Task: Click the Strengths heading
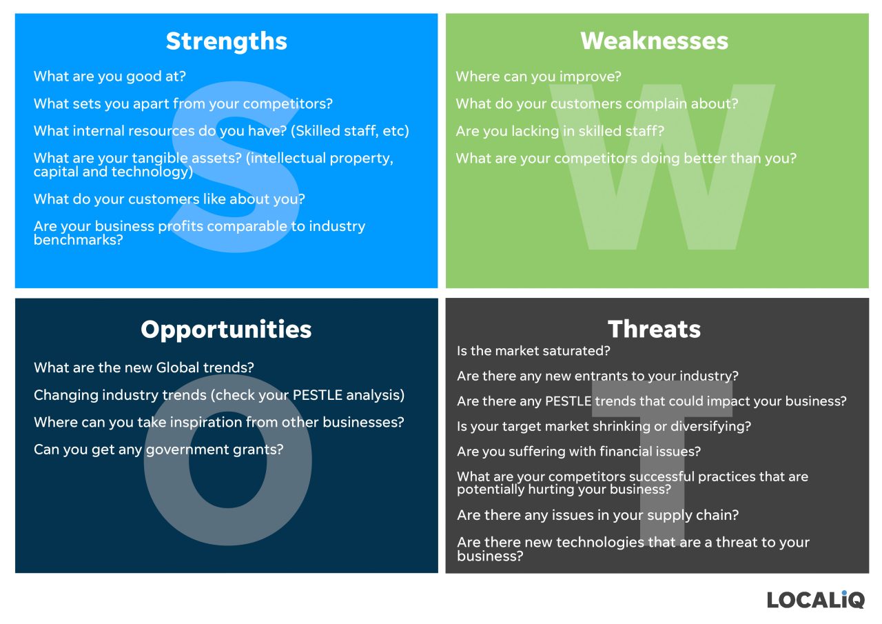226,41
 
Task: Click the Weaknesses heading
654,41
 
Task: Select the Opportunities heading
226,330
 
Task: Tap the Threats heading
654,330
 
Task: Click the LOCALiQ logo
816,598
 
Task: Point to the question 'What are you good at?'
110,77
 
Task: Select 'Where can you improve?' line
538,77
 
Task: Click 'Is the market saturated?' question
533,351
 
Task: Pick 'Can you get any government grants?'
158,450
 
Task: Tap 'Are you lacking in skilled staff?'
560,131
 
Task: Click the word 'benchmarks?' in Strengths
78,241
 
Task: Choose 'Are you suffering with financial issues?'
579,452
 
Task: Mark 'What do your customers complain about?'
597,103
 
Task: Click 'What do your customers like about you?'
170,199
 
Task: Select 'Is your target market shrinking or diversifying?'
604,426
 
